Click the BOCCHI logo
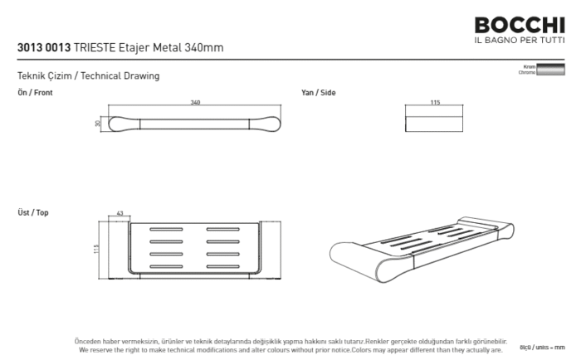[520, 25]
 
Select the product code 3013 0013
[44, 48]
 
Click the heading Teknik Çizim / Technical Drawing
[88, 76]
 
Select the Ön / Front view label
[35, 93]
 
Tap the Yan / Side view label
[319, 93]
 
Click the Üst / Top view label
[33, 213]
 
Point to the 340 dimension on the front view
[196, 103]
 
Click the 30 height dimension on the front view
[98, 124]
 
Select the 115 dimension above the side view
[435, 103]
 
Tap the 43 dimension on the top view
[120, 215]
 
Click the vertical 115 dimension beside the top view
[96, 249]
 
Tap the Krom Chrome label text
[527, 70]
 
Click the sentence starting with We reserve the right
[291, 350]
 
